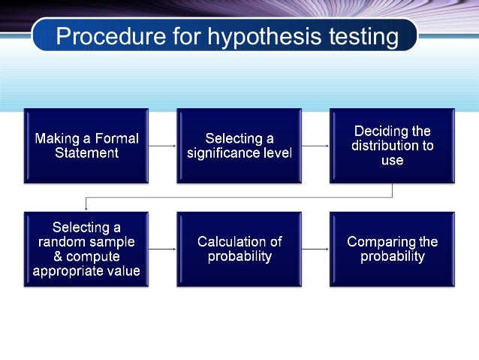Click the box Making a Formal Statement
(86, 145)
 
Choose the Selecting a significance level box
(239, 145)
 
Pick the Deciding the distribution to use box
(392, 145)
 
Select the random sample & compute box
(86, 249)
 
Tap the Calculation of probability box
(239, 249)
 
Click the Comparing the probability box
(392, 249)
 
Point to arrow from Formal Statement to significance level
(162, 146)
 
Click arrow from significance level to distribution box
(315, 146)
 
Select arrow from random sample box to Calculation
(162, 249)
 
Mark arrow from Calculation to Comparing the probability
(315, 249)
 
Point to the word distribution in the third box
(392, 146)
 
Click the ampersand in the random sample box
(59, 256)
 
